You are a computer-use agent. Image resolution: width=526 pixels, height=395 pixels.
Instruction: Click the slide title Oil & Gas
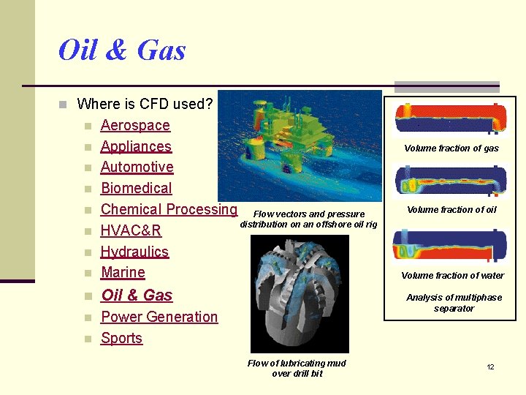[122, 50]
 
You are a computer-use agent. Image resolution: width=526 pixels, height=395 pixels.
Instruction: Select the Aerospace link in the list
[135, 126]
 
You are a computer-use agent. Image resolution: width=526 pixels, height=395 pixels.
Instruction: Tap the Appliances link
[136, 146]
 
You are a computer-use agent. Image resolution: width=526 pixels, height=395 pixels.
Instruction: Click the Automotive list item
[137, 168]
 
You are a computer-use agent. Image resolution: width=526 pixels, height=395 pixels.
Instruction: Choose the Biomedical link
[136, 189]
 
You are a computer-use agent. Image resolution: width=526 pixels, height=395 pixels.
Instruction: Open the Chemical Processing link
[169, 209]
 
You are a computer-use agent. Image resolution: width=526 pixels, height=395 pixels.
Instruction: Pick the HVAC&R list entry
[131, 231]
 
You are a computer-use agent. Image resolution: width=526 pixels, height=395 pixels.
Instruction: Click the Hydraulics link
[134, 252]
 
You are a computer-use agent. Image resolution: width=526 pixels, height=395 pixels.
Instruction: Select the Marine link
[123, 273]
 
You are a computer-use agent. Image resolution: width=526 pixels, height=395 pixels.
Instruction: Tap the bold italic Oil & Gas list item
[137, 296]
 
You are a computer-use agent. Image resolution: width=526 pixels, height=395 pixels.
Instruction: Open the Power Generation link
[159, 317]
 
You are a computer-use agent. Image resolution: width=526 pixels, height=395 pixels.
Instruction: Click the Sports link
[121, 338]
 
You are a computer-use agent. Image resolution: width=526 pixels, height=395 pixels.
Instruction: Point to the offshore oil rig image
[300, 146]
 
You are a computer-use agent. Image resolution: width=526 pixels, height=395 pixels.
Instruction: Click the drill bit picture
[300, 293]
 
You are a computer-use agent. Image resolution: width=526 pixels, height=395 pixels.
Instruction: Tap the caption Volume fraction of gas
[451, 148]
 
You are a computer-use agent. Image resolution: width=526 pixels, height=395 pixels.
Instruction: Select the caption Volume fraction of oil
[451, 210]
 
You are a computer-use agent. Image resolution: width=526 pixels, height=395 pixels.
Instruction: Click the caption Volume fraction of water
[452, 276]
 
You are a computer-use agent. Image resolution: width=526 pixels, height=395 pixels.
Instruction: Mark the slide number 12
[491, 366]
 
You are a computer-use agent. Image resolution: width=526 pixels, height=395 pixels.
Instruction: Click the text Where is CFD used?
[145, 104]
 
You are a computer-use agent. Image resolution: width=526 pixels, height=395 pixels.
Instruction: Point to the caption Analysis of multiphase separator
[454, 303]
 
